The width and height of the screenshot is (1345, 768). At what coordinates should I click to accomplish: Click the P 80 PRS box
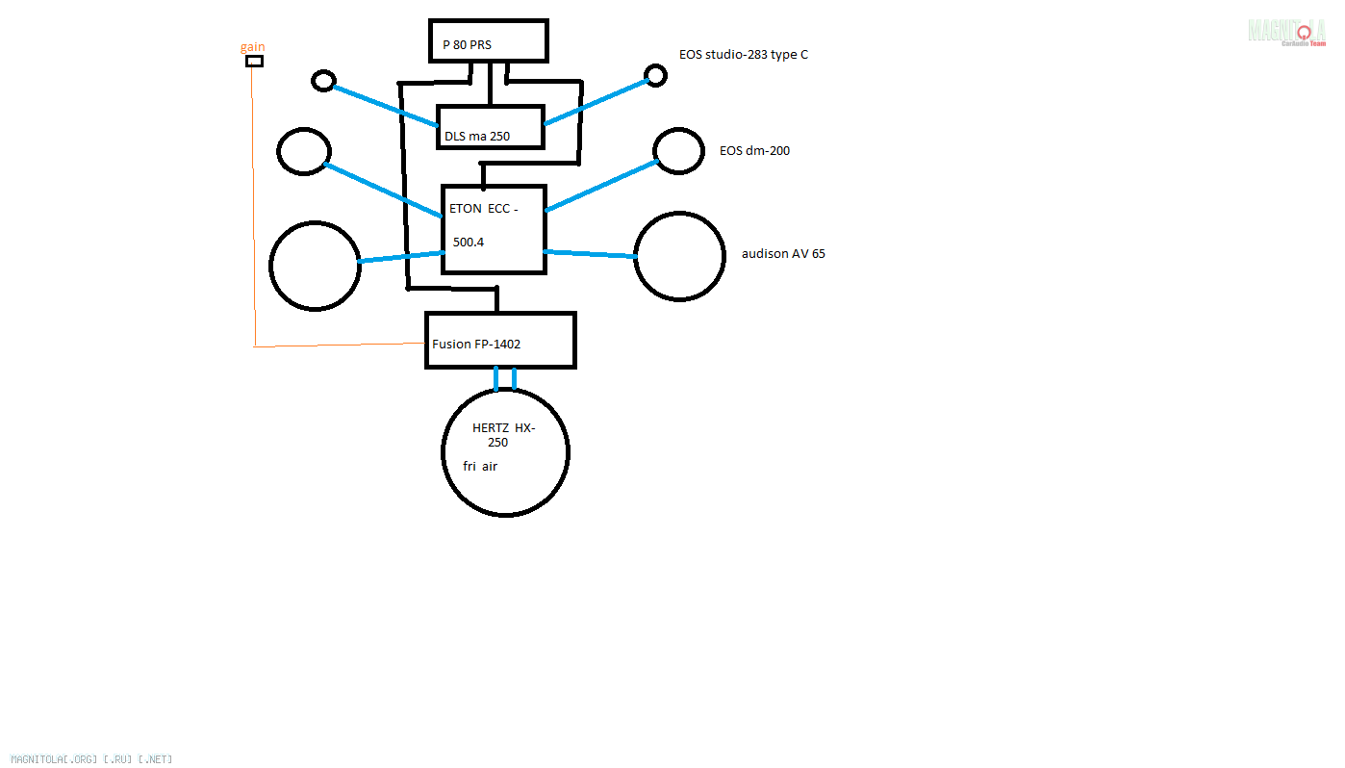(x=488, y=42)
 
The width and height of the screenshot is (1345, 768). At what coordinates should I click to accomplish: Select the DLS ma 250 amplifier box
(x=490, y=127)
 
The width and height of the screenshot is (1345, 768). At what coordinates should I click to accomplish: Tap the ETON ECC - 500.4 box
(x=494, y=229)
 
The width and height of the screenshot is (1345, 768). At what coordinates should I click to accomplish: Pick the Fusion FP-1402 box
(x=500, y=341)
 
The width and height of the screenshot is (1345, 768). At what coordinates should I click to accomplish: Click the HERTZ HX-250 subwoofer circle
(x=505, y=451)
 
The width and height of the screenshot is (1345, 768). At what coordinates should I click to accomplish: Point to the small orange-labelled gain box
(x=254, y=62)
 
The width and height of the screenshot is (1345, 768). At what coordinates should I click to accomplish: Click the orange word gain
(x=253, y=47)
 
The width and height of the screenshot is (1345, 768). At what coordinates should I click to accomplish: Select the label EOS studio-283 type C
(x=743, y=55)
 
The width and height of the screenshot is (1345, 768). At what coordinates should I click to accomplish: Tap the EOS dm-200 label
(x=754, y=151)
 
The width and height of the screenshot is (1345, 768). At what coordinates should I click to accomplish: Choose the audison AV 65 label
(x=783, y=254)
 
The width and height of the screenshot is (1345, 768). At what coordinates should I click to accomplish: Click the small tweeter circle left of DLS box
(x=324, y=81)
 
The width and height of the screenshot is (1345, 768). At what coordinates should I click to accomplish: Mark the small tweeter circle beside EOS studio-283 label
(x=655, y=75)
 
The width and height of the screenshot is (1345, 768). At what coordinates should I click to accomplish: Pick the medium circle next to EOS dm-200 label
(x=678, y=150)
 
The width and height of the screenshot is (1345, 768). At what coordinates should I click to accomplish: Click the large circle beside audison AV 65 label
(x=679, y=256)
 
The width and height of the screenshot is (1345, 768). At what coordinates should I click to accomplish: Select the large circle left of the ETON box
(x=315, y=266)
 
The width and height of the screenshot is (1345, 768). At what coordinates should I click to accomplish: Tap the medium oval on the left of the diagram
(x=304, y=151)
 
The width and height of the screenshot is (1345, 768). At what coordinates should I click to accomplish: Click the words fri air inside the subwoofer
(x=480, y=467)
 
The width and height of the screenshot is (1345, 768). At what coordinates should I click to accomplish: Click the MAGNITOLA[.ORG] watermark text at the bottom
(x=91, y=759)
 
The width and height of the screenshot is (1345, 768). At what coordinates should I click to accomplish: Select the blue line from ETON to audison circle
(x=589, y=253)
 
